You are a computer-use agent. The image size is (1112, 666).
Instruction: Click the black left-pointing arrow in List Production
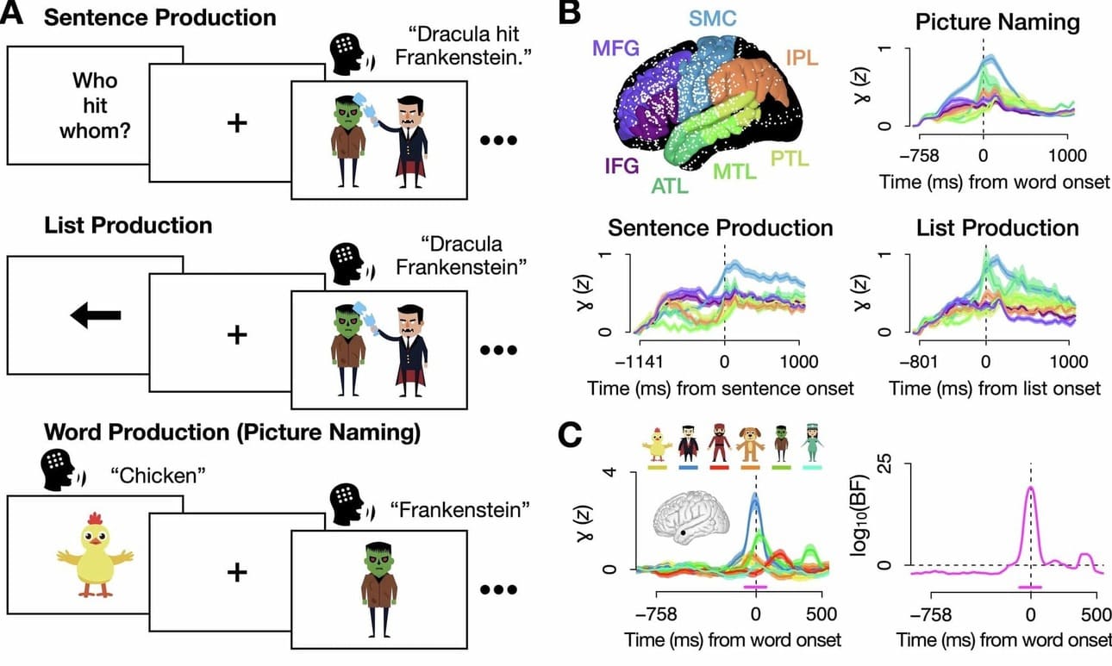point(96,316)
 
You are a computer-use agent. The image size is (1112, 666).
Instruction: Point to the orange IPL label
point(803,59)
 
